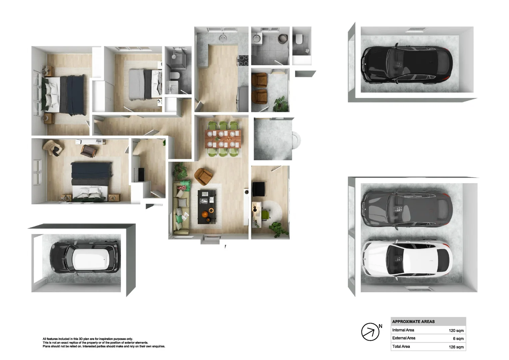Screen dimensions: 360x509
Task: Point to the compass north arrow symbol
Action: [370, 332]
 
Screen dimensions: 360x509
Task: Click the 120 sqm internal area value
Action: [456, 330]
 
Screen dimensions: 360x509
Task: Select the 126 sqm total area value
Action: [456, 347]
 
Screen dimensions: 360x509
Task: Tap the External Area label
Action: [404, 338]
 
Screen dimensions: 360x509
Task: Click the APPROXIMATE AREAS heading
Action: [413, 322]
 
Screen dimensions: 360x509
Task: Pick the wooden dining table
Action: [223, 139]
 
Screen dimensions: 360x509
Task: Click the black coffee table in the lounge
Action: [207, 207]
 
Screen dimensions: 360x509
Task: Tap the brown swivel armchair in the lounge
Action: [203, 176]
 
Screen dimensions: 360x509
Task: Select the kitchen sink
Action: [223, 38]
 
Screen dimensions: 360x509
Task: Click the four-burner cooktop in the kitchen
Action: [244, 60]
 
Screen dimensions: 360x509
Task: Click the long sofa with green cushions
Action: [181, 208]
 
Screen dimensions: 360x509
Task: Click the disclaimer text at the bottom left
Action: [104, 343]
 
